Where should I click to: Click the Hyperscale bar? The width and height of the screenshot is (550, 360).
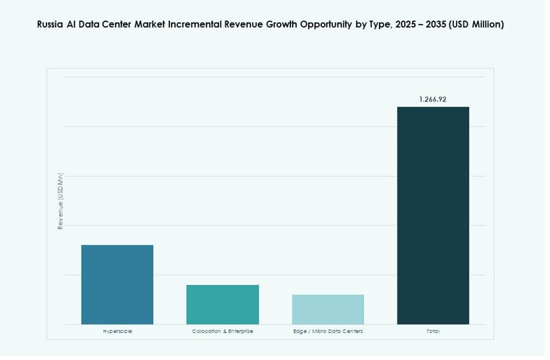[x=117, y=284]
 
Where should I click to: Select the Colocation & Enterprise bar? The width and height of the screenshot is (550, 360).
[x=222, y=304]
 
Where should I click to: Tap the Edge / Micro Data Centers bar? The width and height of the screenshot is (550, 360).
[x=328, y=309]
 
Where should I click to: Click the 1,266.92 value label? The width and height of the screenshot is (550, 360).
[x=433, y=99]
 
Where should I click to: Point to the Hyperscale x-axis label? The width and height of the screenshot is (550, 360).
[x=117, y=331]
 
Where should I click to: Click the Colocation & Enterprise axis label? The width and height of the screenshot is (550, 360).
[x=222, y=331]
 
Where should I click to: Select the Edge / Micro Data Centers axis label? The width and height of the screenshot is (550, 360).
[x=328, y=331]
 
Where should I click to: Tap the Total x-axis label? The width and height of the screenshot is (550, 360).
[x=433, y=331]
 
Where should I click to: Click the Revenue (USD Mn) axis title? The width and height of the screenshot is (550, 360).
[x=61, y=201]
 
